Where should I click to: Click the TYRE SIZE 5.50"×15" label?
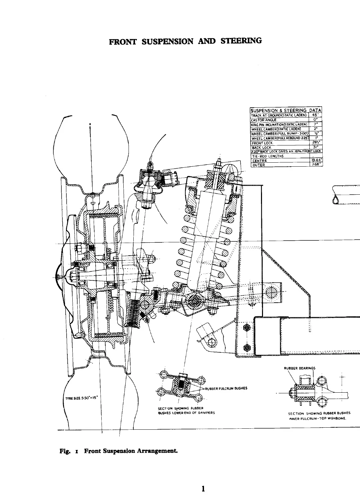[x=80, y=398]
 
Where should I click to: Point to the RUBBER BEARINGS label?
[x=299, y=368]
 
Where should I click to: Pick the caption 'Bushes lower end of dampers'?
[x=186, y=413]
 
